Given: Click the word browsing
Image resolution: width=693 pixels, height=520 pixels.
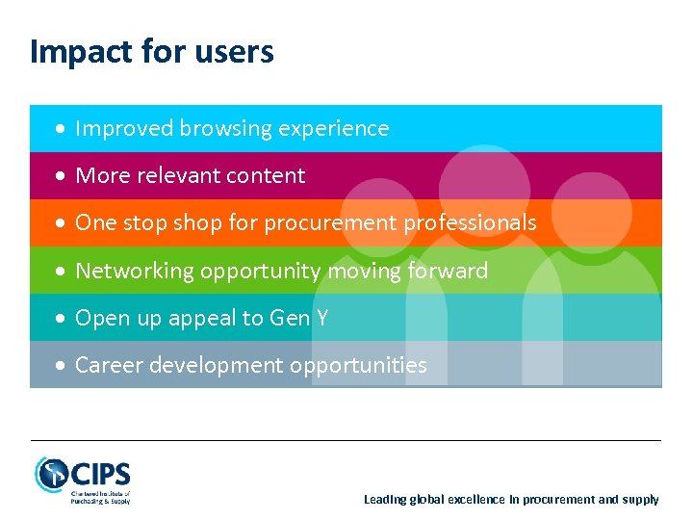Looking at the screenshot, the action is tap(215, 129).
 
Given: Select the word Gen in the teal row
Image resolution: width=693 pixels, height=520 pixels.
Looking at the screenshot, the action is tap(288, 318).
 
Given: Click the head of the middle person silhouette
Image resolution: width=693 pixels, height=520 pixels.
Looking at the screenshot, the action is tap(484, 188).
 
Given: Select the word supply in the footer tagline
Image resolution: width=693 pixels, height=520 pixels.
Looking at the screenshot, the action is tap(640, 500).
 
